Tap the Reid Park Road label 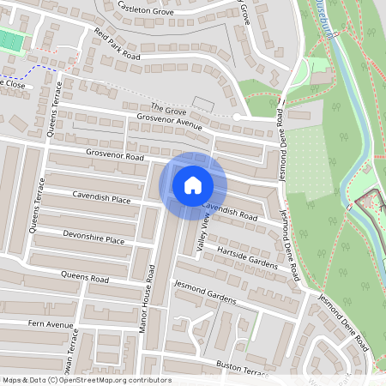117,44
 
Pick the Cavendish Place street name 102,199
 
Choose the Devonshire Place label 93,237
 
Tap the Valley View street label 203,233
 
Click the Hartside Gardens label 249,256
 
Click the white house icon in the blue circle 192,184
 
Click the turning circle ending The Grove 238,116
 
